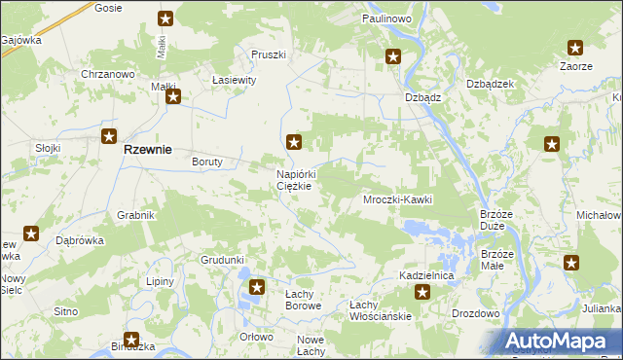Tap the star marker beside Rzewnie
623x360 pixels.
click(x=109, y=137)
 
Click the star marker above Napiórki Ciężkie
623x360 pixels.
click(x=294, y=142)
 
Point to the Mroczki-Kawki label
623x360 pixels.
click(x=397, y=199)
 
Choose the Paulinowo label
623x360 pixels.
click(x=387, y=18)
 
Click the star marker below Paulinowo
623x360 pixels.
click(x=392, y=57)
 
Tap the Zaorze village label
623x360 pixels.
click(x=575, y=66)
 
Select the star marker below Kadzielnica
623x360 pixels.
click(x=422, y=292)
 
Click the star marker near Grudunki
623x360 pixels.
click(x=256, y=287)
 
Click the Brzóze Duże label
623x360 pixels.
click(x=496, y=220)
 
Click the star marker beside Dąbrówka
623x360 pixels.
click(x=31, y=234)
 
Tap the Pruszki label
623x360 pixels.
click(x=268, y=54)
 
